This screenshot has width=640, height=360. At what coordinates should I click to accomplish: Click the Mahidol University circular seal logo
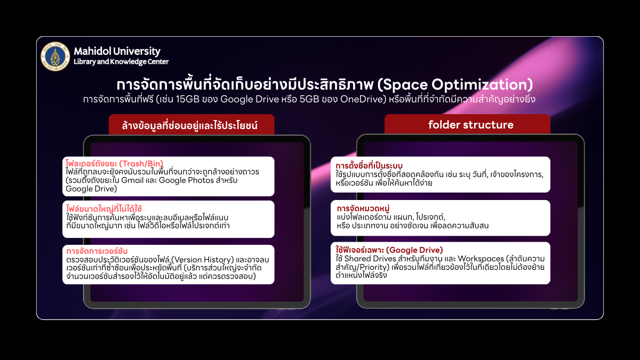point(55,57)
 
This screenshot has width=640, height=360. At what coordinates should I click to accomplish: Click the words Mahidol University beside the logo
point(117,51)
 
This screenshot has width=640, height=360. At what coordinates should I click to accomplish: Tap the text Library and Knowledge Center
point(121,62)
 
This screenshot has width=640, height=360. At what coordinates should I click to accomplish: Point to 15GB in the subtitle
point(187,99)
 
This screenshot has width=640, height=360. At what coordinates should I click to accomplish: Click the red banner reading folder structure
point(467,124)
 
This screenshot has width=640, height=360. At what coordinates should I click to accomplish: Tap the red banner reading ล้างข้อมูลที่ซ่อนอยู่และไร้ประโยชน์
point(191,125)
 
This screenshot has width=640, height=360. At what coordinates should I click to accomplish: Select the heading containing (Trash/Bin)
point(114,163)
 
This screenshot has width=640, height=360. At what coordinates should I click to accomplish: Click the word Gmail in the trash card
point(132,180)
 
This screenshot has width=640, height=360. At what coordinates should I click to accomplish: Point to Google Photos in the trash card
point(186,180)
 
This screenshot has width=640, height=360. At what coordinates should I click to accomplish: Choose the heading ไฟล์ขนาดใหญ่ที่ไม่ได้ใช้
point(104,209)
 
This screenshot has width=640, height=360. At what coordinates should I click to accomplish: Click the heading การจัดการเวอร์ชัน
point(97,251)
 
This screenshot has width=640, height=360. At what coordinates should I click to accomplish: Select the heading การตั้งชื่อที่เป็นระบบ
point(369,166)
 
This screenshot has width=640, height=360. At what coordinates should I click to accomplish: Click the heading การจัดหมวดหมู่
point(363,209)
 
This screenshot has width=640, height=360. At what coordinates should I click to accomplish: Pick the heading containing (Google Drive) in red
point(389,250)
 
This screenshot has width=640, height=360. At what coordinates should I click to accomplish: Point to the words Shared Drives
point(370,259)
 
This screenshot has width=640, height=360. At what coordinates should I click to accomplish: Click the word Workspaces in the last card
point(481,259)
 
